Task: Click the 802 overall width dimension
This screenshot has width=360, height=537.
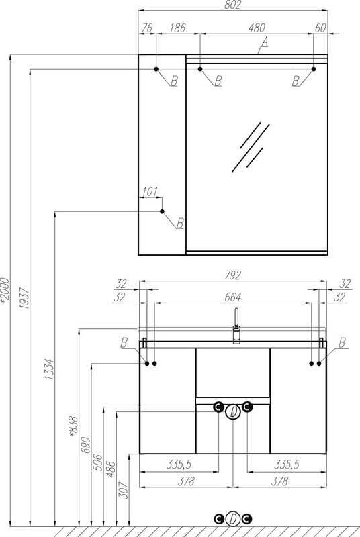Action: (x=233, y=5)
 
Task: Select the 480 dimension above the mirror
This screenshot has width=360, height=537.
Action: (x=257, y=28)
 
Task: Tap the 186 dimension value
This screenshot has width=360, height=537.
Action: (x=177, y=28)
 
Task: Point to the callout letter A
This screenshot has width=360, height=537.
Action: (x=264, y=42)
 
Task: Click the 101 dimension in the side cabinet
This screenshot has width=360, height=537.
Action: (x=150, y=192)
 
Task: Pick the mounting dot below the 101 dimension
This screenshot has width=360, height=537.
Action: (x=162, y=211)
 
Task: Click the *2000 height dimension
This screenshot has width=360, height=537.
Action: (x=5, y=291)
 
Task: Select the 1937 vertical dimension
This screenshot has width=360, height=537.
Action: (x=24, y=298)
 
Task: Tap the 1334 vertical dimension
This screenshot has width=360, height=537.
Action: (x=49, y=369)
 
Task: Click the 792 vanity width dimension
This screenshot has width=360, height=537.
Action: (x=233, y=275)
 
